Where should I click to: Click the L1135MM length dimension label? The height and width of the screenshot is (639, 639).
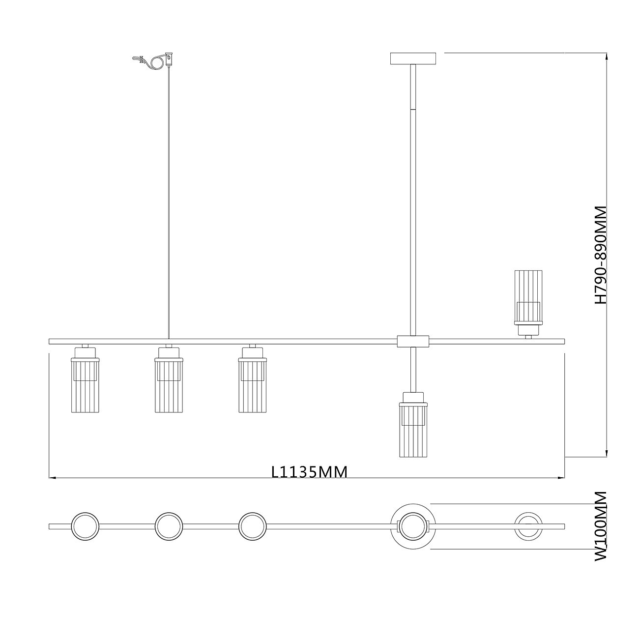pos(309,472)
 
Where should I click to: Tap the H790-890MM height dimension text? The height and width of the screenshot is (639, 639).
pos(600,255)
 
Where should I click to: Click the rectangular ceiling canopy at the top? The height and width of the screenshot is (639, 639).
pos(413,58)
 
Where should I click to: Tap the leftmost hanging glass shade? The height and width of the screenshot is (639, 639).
pos(85,379)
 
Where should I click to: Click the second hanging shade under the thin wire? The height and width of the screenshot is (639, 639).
pos(169,379)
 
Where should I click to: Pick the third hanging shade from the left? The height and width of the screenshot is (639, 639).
pos(252,379)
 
